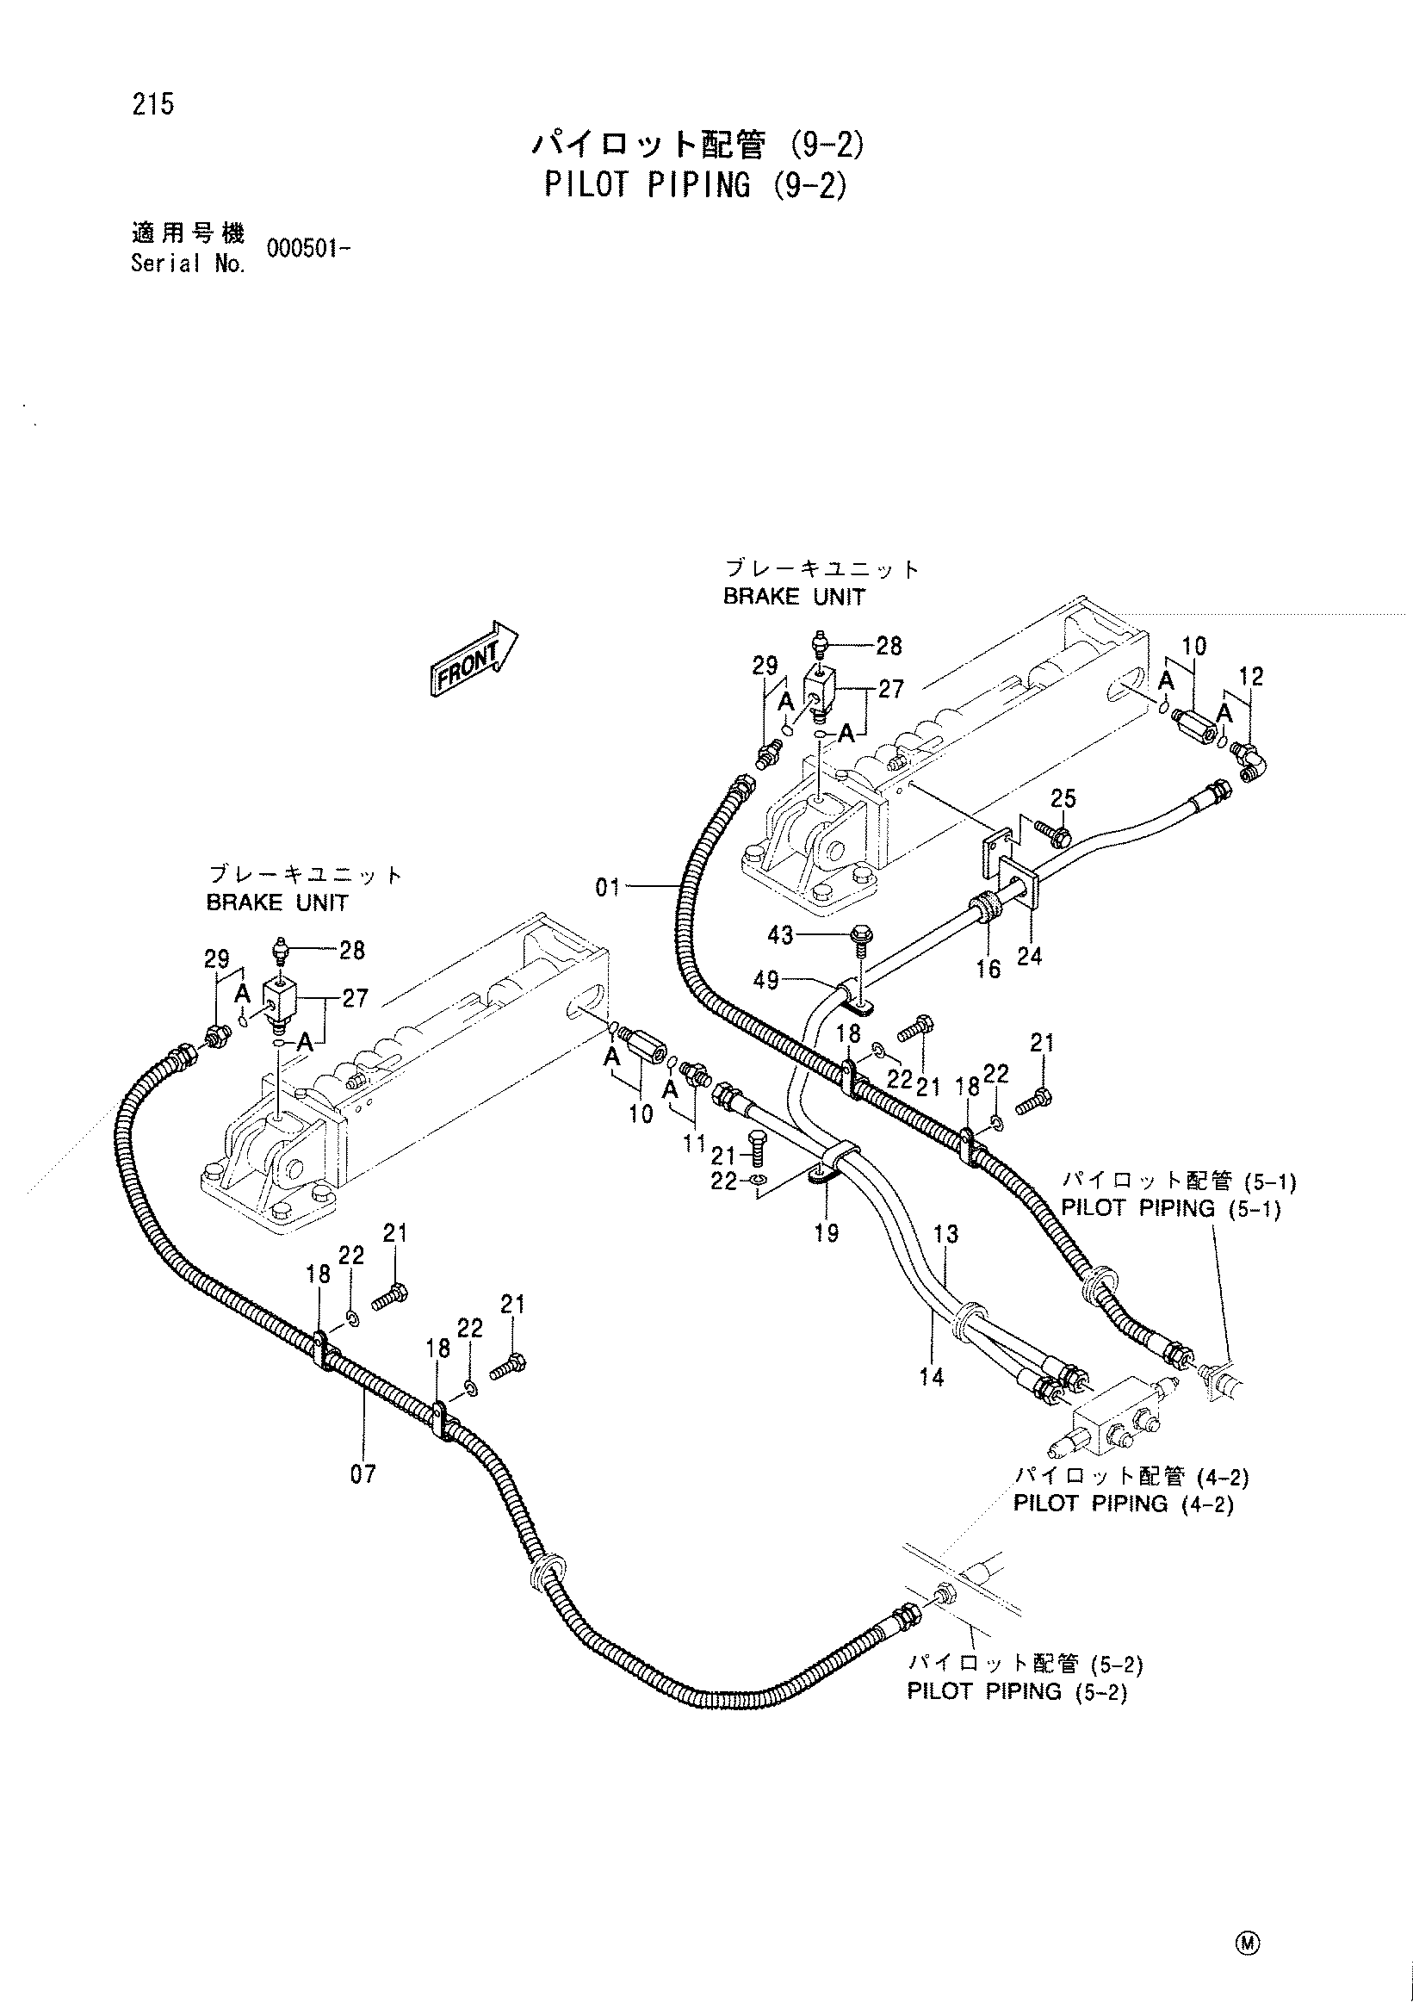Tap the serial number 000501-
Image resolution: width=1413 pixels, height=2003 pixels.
click(x=309, y=250)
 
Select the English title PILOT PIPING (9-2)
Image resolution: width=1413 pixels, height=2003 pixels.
click(x=696, y=185)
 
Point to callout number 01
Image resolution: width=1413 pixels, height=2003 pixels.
click(x=608, y=888)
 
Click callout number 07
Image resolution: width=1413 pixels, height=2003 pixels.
click(x=363, y=1474)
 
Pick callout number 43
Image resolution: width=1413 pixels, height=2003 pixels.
click(x=781, y=936)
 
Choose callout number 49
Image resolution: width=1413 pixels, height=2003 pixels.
click(x=766, y=982)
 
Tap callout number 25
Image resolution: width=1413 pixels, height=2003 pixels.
click(x=1063, y=798)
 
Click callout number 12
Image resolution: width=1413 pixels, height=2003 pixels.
click(x=1251, y=676)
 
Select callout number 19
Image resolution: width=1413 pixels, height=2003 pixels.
click(x=826, y=1232)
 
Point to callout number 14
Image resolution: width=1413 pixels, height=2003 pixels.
click(x=932, y=1378)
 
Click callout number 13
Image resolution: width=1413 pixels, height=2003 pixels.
click(x=945, y=1234)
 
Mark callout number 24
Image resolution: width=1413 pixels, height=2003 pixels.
click(x=1029, y=957)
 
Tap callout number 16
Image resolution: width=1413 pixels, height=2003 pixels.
click(x=988, y=970)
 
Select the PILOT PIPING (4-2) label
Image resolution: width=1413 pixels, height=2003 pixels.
click(x=1124, y=1504)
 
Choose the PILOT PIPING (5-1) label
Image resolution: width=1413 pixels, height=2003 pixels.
click(x=1170, y=1209)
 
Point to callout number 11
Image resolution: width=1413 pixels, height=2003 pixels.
click(x=694, y=1143)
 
